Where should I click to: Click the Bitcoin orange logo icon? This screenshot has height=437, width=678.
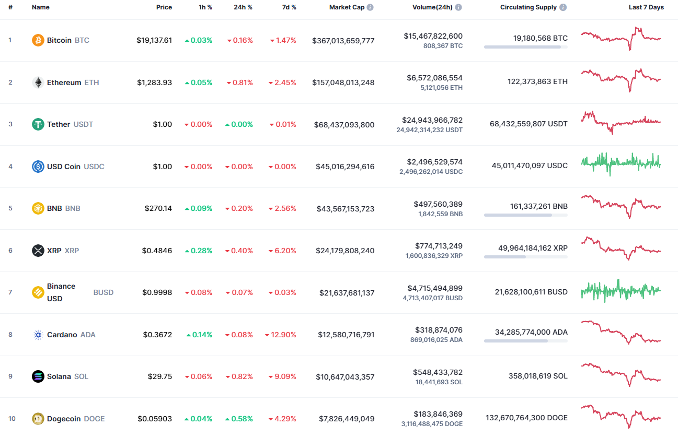pyautogui.click(x=38, y=40)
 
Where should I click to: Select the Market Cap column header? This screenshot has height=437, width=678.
pyautogui.click(x=347, y=7)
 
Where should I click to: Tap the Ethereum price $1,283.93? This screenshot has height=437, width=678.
pyautogui.click(x=154, y=82)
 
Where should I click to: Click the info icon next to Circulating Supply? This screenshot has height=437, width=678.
pyautogui.click(x=563, y=7)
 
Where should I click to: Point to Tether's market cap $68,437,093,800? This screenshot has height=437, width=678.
pyautogui.click(x=344, y=125)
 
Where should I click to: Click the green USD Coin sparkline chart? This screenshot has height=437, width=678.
pyautogui.click(x=621, y=164)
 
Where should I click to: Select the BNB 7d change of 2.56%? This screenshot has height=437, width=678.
pyautogui.click(x=282, y=208)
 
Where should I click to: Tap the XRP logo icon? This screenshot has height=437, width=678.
pyautogui.click(x=38, y=251)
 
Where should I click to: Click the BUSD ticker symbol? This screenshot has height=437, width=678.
pyautogui.click(x=104, y=292)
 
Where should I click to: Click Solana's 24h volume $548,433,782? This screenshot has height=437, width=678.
pyautogui.click(x=438, y=372)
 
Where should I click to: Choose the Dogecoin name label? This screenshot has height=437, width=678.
pyautogui.click(x=64, y=419)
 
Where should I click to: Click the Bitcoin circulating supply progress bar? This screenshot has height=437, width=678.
pyautogui.click(x=525, y=47)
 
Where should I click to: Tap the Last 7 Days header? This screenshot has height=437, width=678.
pyautogui.click(x=646, y=7)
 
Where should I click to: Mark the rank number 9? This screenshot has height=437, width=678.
pyautogui.click(x=10, y=376)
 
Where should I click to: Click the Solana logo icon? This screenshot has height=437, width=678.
pyautogui.click(x=38, y=376)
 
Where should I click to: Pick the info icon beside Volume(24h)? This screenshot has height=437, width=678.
pyautogui.click(x=458, y=7)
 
